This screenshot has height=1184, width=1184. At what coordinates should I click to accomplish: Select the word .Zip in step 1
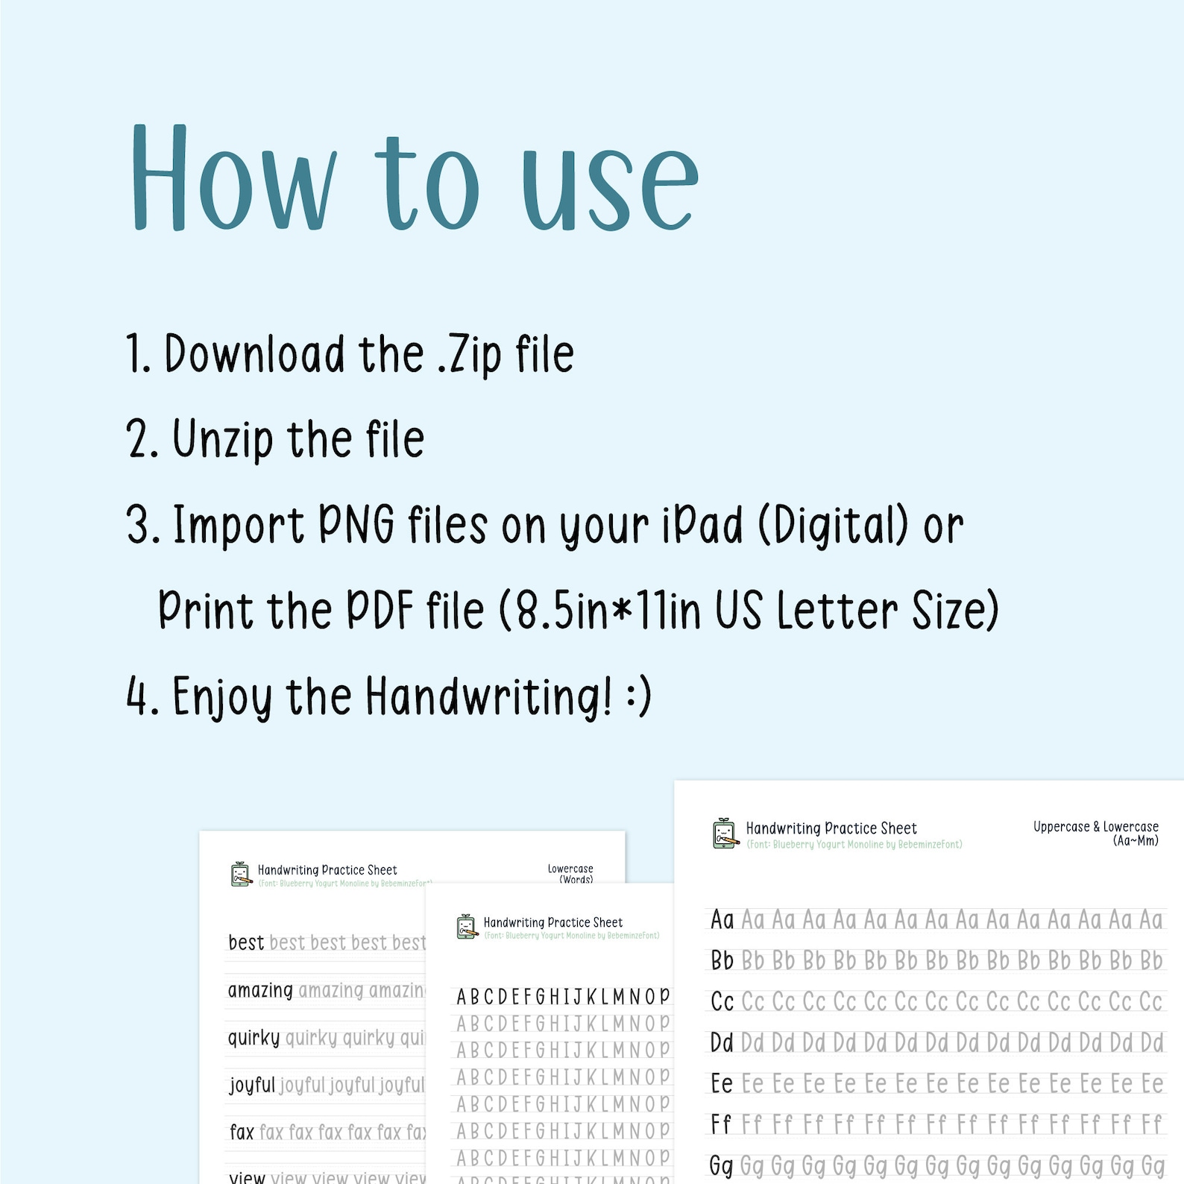click(469, 356)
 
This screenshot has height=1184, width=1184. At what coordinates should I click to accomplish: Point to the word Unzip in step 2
click(223, 440)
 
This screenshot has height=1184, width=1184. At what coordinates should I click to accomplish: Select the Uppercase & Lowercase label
click(1095, 827)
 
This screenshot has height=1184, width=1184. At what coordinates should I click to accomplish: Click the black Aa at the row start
click(722, 920)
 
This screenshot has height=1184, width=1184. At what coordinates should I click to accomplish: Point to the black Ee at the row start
click(721, 1083)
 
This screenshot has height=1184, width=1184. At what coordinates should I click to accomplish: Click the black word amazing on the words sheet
click(260, 991)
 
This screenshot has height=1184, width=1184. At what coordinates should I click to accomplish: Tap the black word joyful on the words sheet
click(252, 1085)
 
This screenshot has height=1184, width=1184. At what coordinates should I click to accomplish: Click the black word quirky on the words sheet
click(254, 1038)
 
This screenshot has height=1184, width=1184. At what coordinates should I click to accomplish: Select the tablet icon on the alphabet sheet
click(467, 927)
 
